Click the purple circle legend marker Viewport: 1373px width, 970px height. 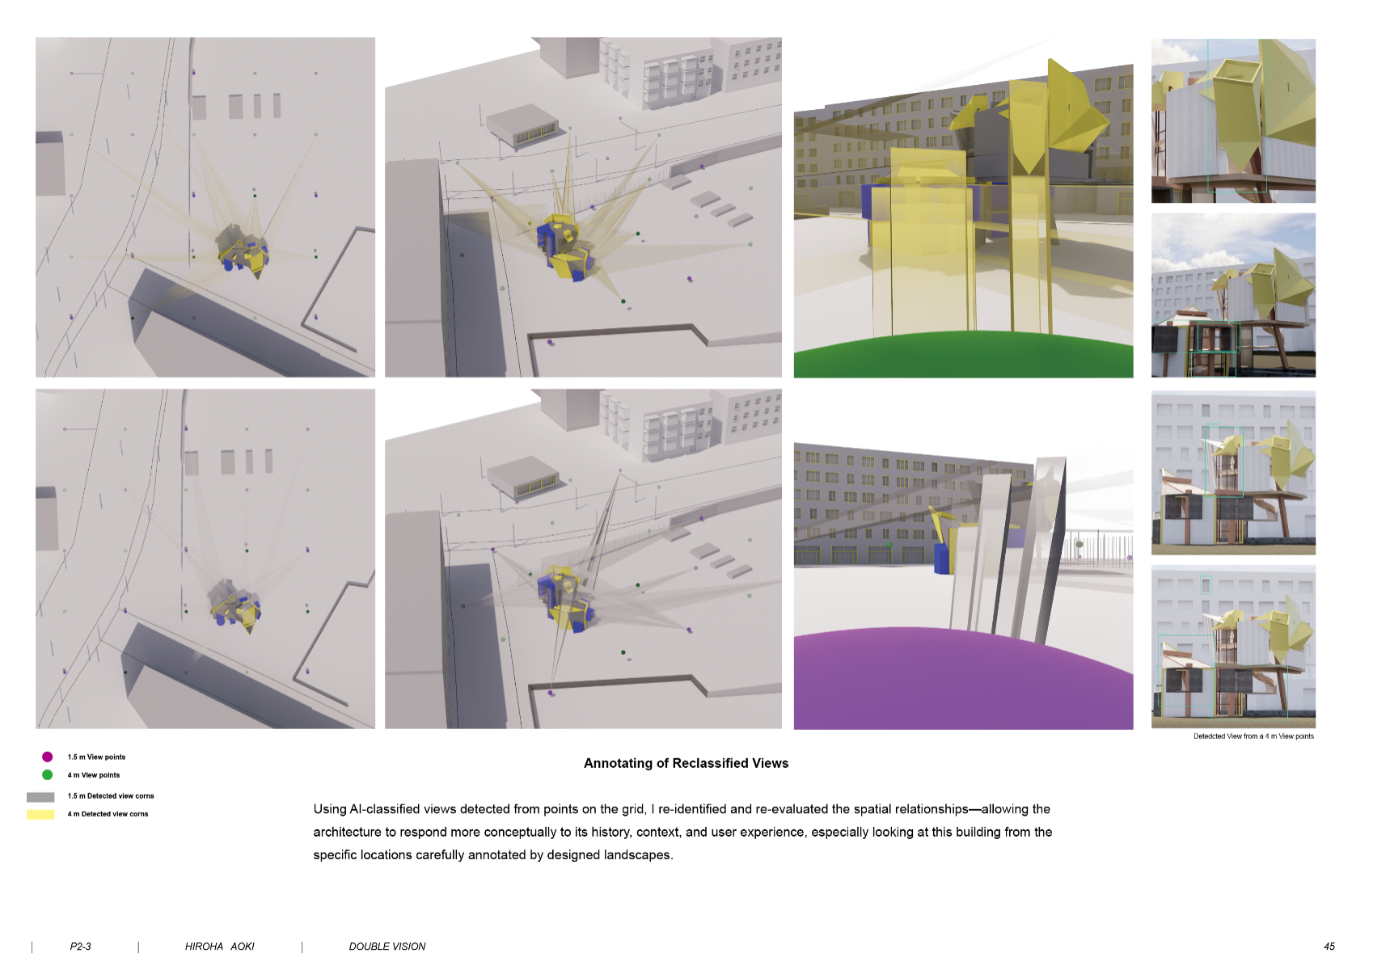[x=47, y=757]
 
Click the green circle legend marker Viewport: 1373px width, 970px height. [x=47, y=774]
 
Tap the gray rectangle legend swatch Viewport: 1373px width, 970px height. [x=40, y=796]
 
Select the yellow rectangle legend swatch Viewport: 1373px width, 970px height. [x=40, y=814]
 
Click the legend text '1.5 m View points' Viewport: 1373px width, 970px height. [x=96, y=757]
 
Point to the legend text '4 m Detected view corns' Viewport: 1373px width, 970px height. [x=108, y=814]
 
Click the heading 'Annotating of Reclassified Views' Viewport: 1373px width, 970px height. [x=686, y=763]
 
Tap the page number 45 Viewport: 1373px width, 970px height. [x=1329, y=946]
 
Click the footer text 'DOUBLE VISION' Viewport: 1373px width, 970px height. [x=387, y=946]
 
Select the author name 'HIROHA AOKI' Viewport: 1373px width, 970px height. [x=219, y=946]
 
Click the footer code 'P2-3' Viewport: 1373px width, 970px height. [x=80, y=946]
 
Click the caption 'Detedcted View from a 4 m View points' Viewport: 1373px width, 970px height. [x=1253, y=736]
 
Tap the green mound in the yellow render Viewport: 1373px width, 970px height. [x=963, y=356]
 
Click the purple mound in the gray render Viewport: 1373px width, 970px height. [x=963, y=680]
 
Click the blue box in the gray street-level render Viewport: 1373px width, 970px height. [x=942, y=558]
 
